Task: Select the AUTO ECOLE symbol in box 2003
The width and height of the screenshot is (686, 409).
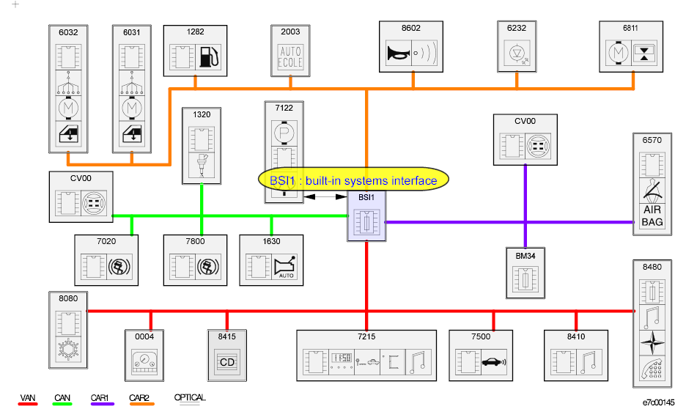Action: (290, 56)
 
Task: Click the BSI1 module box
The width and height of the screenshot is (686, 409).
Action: (366, 220)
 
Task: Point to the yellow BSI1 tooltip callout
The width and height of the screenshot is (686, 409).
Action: (353, 180)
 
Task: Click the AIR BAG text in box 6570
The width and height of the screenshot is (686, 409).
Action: (652, 215)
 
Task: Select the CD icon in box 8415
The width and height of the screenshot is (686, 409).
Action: (226, 361)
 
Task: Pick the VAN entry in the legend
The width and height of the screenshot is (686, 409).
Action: (27, 398)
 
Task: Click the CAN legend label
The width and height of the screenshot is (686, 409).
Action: (62, 398)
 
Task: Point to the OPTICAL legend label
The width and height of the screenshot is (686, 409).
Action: (189, 398)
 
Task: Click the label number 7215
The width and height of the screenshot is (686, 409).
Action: (366, 336)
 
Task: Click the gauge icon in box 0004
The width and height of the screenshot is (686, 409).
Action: (144, 362)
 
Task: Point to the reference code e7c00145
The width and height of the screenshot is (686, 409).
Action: (659, 402)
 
